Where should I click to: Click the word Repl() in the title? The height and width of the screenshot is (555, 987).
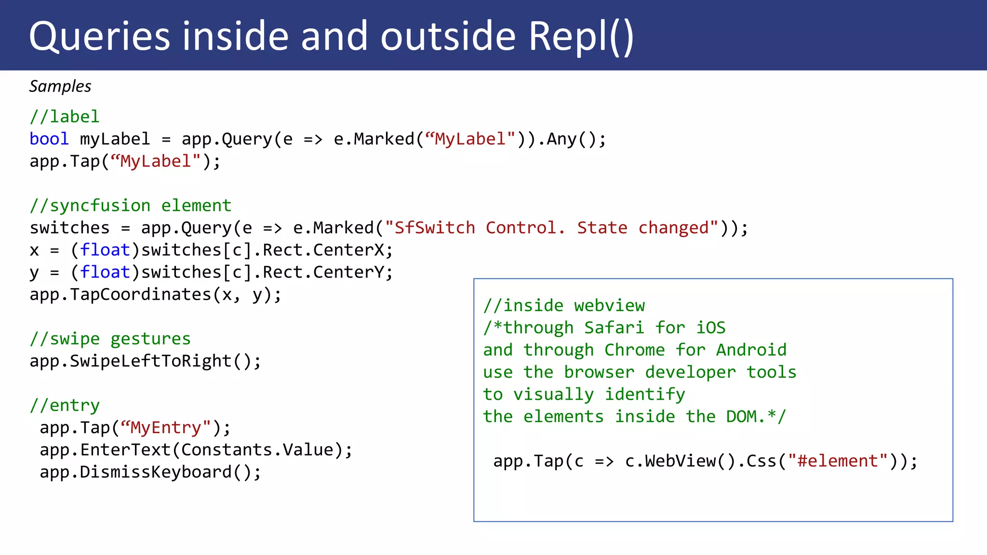tap(581, 37)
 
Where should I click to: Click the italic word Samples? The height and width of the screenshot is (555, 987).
tap(60, 86)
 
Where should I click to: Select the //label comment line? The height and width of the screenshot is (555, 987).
tap(65, 117)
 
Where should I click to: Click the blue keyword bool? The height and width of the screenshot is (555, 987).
tap(49, 139)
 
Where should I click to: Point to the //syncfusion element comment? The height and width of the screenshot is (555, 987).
tap(131, 206)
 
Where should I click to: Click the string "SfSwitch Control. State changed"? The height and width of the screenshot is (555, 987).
tap(551, 228)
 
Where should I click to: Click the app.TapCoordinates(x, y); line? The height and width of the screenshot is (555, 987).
tap(155, 294)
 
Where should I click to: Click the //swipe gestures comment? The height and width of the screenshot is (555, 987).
tap(110, 339)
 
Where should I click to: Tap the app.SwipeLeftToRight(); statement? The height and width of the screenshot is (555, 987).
tap(145, 361)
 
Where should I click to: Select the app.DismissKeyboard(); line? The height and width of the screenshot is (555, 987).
tap(150, 472)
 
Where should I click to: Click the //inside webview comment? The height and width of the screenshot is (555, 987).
tap(564, 305)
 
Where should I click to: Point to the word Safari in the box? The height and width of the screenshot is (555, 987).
tap(614, 328)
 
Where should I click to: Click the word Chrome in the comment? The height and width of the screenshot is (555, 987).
tap(634, 350)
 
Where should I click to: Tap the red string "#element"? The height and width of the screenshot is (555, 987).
tap(838, 461)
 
